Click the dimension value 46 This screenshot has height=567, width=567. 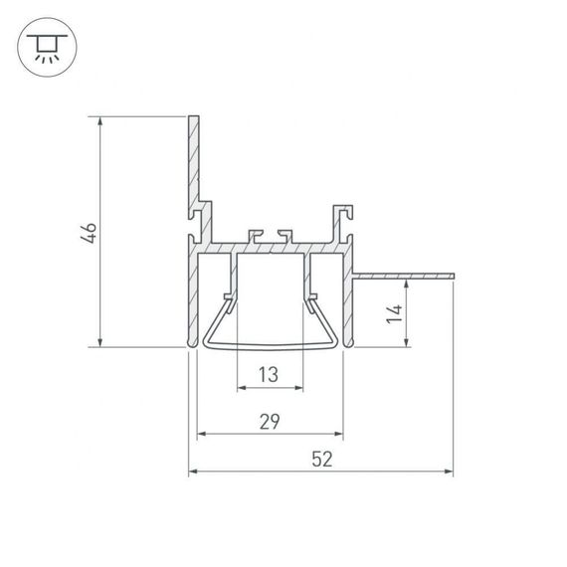(x=90, y=234)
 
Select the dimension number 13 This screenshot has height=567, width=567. (x=269, y=375)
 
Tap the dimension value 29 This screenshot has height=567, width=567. (x=269, y=422)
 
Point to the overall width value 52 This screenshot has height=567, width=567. (x=320, y=460)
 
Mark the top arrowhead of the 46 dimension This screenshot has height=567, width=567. (x=101, y=122)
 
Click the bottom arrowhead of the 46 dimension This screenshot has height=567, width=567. (x=101, y=342)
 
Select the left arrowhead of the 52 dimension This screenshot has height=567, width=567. (x=194, y=471)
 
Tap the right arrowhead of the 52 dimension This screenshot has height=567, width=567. (x=449, y=471)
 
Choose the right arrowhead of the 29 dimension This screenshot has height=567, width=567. (x=339, y=434)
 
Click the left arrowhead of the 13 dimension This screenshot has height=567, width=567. (x=241, y=388)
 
